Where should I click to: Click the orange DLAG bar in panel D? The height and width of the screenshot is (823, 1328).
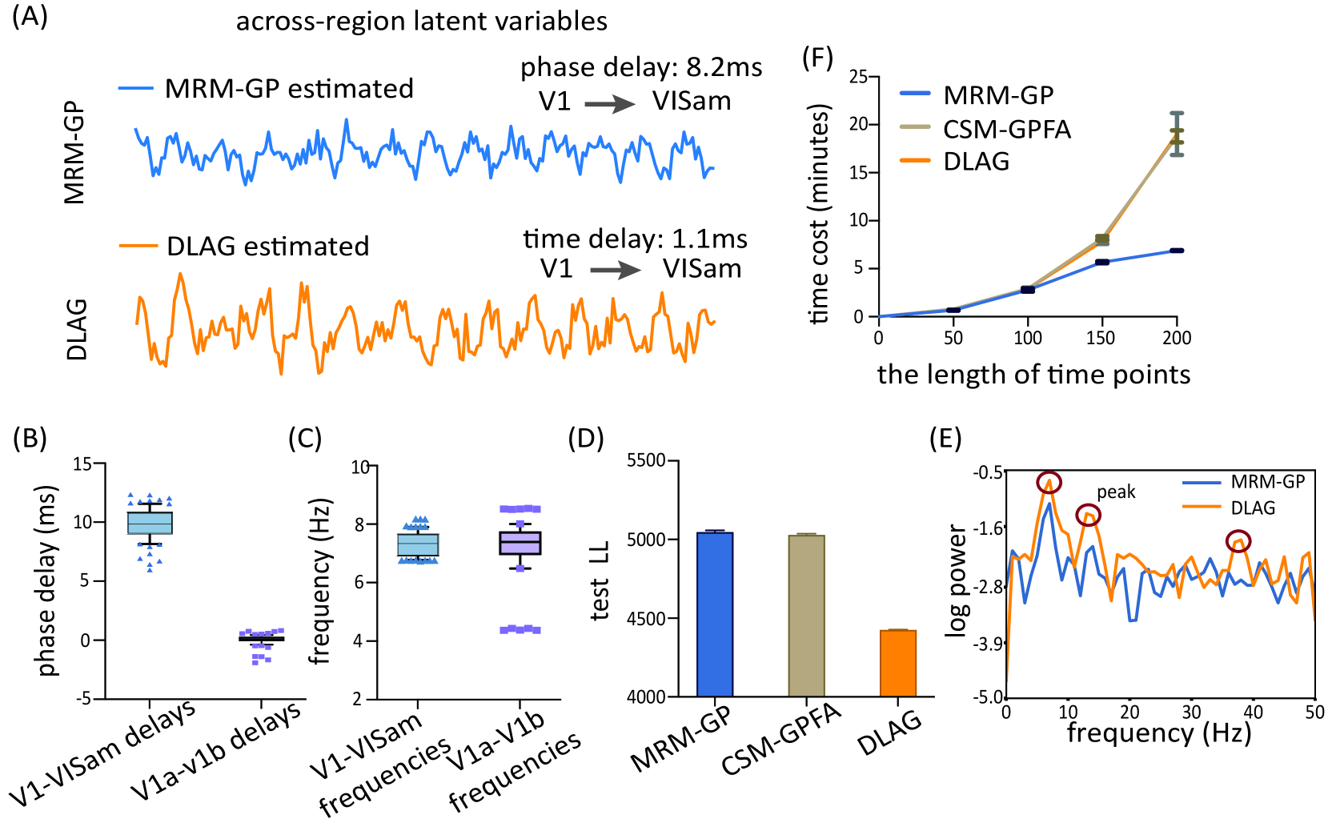(898, 664)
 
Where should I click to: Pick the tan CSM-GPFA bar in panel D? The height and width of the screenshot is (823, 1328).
(806, 616)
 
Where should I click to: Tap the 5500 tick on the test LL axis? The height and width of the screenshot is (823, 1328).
(647, 461)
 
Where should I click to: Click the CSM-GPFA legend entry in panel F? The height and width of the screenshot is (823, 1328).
(1006, 129)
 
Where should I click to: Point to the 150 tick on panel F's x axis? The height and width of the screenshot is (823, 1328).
(1101, 338)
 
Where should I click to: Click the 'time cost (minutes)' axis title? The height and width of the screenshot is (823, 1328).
(819, 215)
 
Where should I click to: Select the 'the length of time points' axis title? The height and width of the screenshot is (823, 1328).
(1033, 375)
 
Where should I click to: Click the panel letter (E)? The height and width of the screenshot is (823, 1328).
(945, 439)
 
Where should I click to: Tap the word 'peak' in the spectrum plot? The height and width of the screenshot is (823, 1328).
(1116, 492)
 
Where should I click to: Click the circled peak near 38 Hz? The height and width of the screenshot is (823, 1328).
(1238, 542)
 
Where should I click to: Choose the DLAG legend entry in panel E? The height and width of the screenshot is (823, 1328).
(1253, 508)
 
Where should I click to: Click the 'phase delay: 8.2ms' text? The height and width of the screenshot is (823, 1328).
(641, 67)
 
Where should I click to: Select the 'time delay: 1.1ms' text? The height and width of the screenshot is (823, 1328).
(635, 239)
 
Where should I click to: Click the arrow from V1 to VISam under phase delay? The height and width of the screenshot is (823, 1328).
(610, 104)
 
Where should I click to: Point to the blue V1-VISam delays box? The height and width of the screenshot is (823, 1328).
(150, 523)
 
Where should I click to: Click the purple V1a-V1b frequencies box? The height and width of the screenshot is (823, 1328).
(520, 543)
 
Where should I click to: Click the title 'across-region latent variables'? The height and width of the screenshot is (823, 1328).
(421, 21)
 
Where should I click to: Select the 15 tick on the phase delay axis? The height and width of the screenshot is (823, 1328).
(82, 464)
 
